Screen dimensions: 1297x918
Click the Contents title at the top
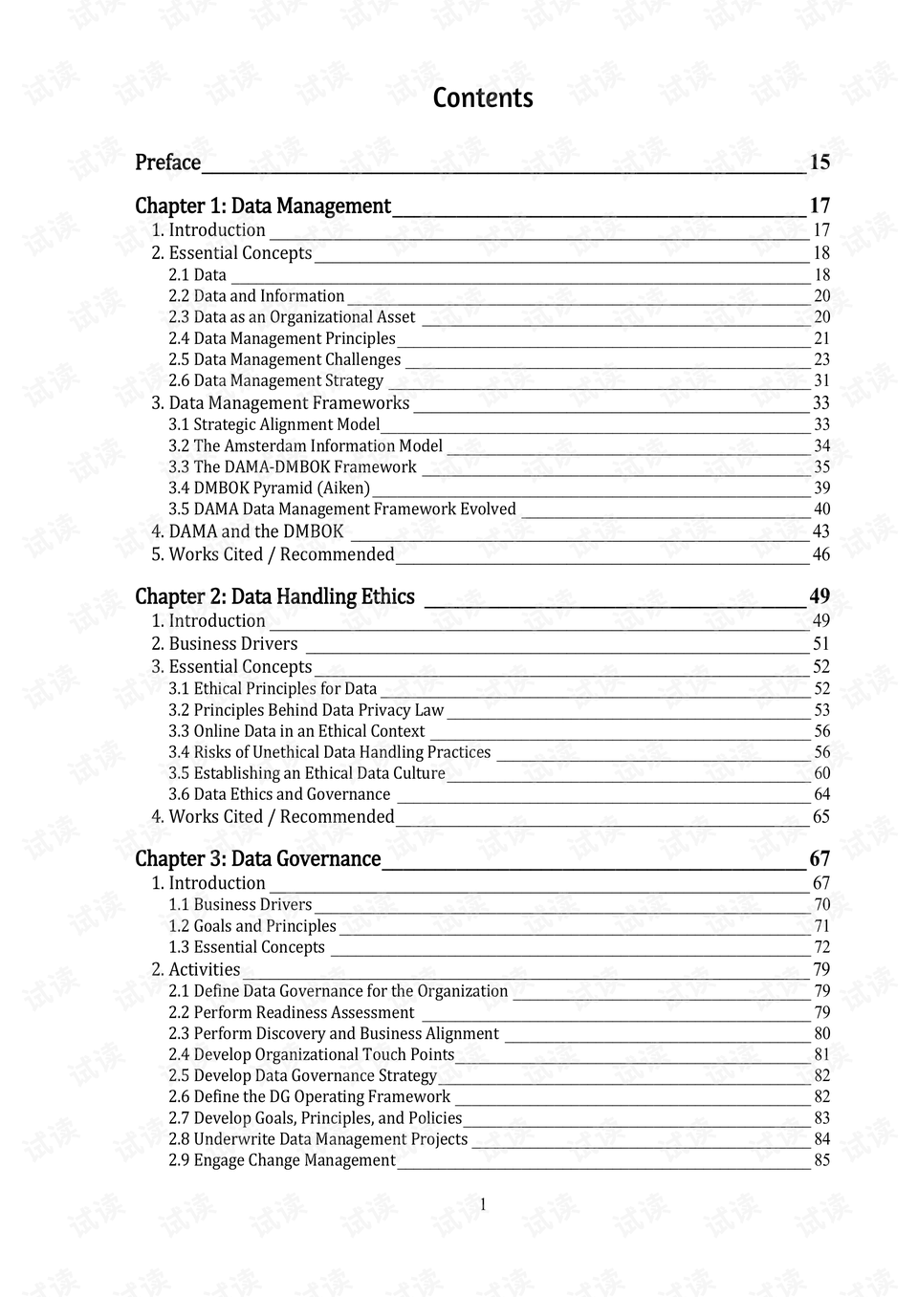pos(483,97)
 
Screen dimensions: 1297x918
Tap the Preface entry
pos(167,162)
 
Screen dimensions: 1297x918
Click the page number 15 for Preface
pos(820,162)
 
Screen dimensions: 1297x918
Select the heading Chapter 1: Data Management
pos(262,205)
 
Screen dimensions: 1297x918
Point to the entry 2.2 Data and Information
pos(256,296)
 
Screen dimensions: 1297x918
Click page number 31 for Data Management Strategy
pos(821,380)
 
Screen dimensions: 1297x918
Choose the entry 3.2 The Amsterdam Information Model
pos(305,445)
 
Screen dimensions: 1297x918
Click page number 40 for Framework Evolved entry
pos(821,509)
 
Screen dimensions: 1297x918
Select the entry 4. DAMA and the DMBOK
pos(247,531)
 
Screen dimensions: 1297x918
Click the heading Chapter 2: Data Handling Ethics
pos(274,596)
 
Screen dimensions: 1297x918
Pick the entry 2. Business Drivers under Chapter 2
pos(224,644)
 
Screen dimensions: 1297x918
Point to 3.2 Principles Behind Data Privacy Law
pos(306,710)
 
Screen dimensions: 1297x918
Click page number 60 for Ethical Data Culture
pos(821,773)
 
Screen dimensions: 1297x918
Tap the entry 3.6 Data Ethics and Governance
pos(279,794)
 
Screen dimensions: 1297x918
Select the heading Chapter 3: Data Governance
pos(257,858)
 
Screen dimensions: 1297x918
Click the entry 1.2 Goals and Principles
pos(252,926)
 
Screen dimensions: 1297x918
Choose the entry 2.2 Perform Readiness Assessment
pos(291,1012)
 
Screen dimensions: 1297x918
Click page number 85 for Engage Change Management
pos(821,1160)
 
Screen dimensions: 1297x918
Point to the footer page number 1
pos(483,1204)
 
